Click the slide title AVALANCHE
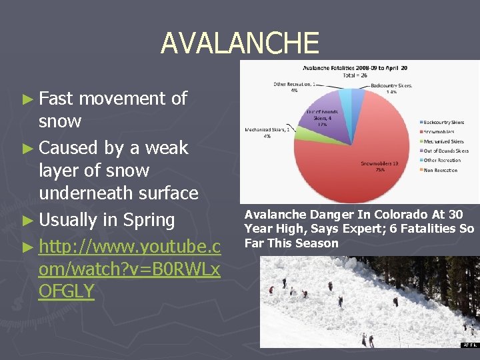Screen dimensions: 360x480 coord(239,43)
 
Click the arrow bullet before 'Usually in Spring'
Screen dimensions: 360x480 coord(28,221)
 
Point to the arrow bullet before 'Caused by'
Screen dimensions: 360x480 coord(28,147)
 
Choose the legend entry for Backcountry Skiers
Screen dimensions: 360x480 coord(442,122)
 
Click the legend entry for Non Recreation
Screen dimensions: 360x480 coord(439,170)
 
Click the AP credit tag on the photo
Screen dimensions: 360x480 coord(469,344)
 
